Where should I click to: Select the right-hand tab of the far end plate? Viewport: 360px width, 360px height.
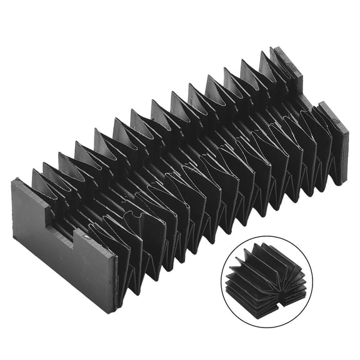click(335, 144)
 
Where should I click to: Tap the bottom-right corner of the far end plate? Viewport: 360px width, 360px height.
click(341, 184)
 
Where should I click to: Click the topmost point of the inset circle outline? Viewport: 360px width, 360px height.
click(266, 236)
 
